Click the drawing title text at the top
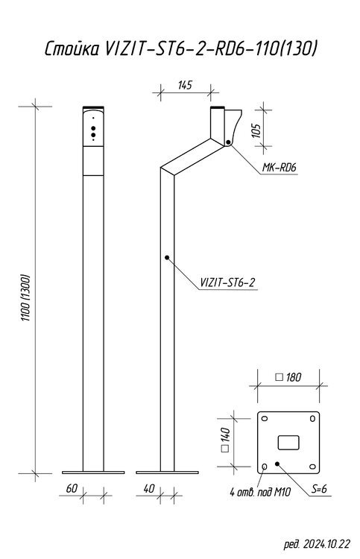click(180, 49)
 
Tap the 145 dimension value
click(185, 86)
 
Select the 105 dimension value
click(256, 130)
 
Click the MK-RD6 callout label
click(280, 167)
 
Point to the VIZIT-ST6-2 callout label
click(227, 282)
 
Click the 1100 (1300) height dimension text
click(27, 297)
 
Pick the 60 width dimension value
click(72, 488)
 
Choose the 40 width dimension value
click(149, 488)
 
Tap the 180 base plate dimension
click(288, 377)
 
